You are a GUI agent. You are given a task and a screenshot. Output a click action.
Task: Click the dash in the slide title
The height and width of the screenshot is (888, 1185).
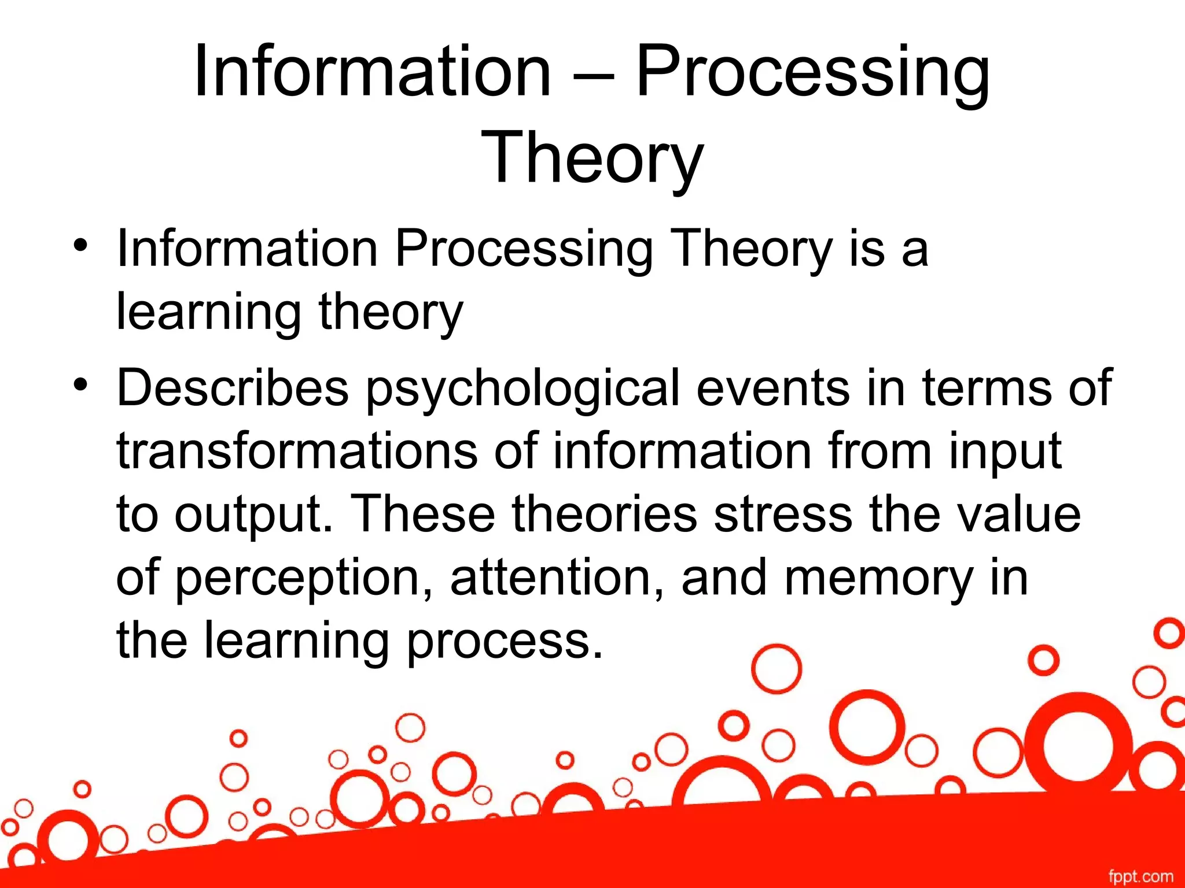(593, 74)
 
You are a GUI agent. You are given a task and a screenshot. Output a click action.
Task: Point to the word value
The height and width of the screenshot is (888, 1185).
(1018, 515)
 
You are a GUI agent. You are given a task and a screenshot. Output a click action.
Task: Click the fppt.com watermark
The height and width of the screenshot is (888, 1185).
(1140, 876)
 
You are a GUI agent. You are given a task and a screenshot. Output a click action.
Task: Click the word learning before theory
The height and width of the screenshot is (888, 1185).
(209, 312)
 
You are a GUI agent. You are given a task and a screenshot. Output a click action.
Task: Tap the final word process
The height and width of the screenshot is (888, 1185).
(503, 642)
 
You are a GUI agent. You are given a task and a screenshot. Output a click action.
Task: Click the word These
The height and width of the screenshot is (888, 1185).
(422, 515)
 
